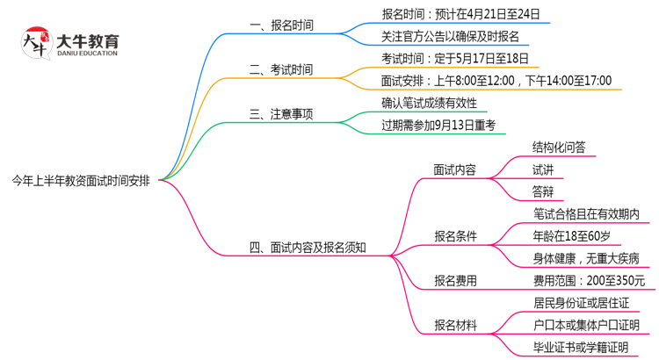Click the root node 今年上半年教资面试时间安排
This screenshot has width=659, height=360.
[80, 181]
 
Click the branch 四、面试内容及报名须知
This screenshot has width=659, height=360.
[308, 247]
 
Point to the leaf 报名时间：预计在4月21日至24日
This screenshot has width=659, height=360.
[460, 14]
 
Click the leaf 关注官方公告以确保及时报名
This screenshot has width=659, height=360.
[450, 37]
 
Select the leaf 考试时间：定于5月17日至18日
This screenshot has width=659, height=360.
[455, 59]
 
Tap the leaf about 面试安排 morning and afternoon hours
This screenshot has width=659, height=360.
[496, 81]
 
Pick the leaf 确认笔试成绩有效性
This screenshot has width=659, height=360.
[429, 103]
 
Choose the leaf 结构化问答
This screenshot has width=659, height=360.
[559, 148]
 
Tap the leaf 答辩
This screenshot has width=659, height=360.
[542, 191]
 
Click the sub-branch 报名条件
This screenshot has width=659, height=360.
[455, 235]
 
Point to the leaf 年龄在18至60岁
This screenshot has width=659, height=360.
[571, 235]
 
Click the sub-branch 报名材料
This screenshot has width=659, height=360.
[455, 325]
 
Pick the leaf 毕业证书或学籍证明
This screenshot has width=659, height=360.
[581, 348]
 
